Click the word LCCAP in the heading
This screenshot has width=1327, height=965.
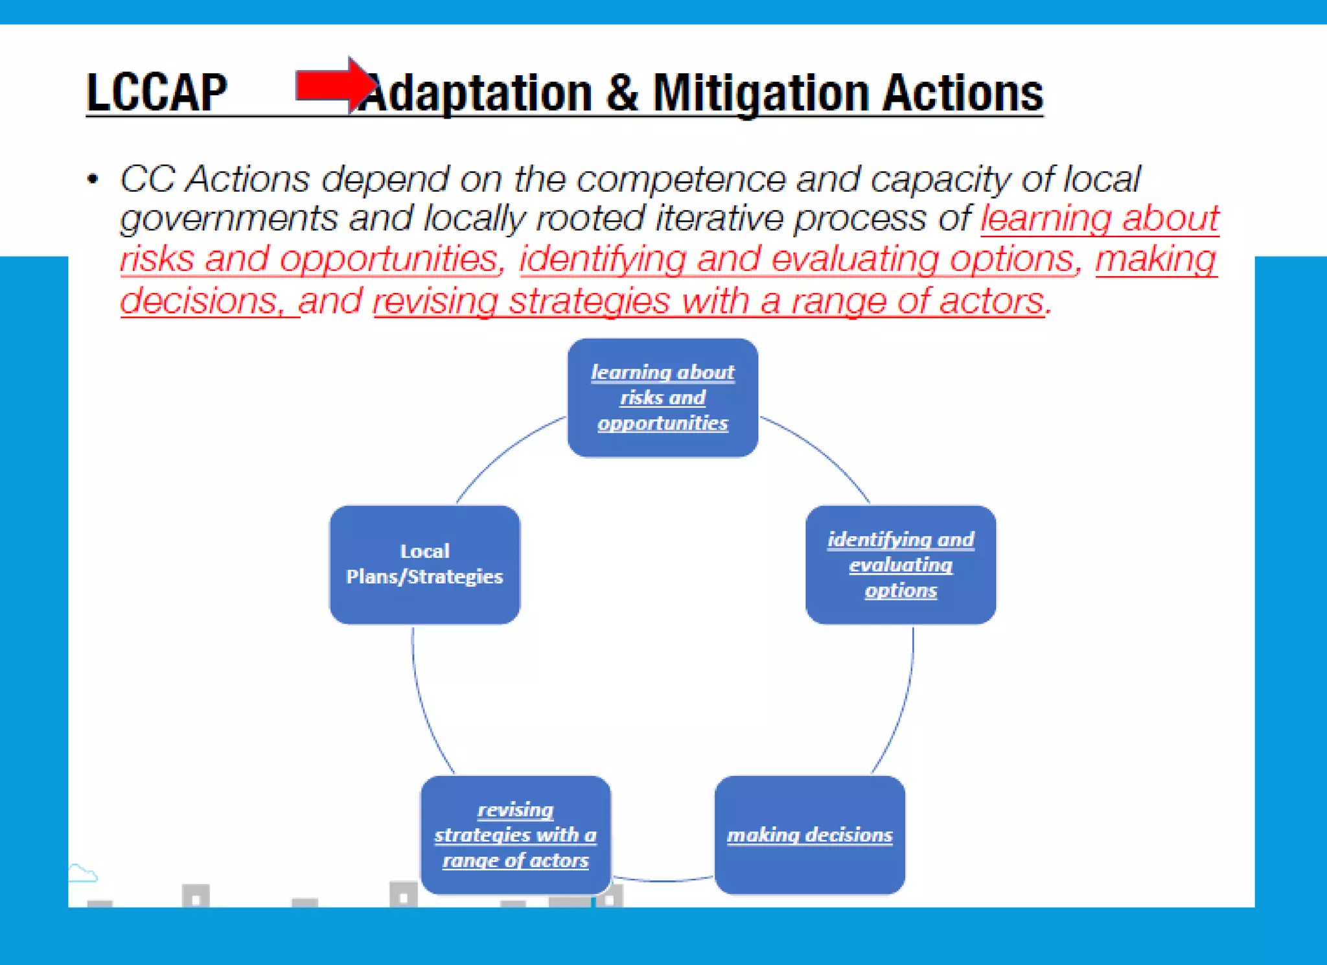click(x=156, y=92)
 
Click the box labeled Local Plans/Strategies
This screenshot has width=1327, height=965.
click(x=424, y=564)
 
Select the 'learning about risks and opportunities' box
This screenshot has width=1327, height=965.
click(x=662, y=397)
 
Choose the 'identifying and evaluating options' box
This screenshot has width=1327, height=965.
click(x=900, y=564)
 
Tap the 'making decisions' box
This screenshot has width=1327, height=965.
click(x=809, y=834)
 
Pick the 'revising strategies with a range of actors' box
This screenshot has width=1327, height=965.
click(x=515, y=834)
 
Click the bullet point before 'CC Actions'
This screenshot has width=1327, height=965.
click(x=93, y=179)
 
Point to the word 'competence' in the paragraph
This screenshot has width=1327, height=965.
click(x=680, y=179)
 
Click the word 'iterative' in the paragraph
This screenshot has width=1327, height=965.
click(x=719, y=218)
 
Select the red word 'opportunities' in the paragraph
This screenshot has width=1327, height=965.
click(x=389, y=259)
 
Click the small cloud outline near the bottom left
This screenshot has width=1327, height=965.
click(x=82, y=874)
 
